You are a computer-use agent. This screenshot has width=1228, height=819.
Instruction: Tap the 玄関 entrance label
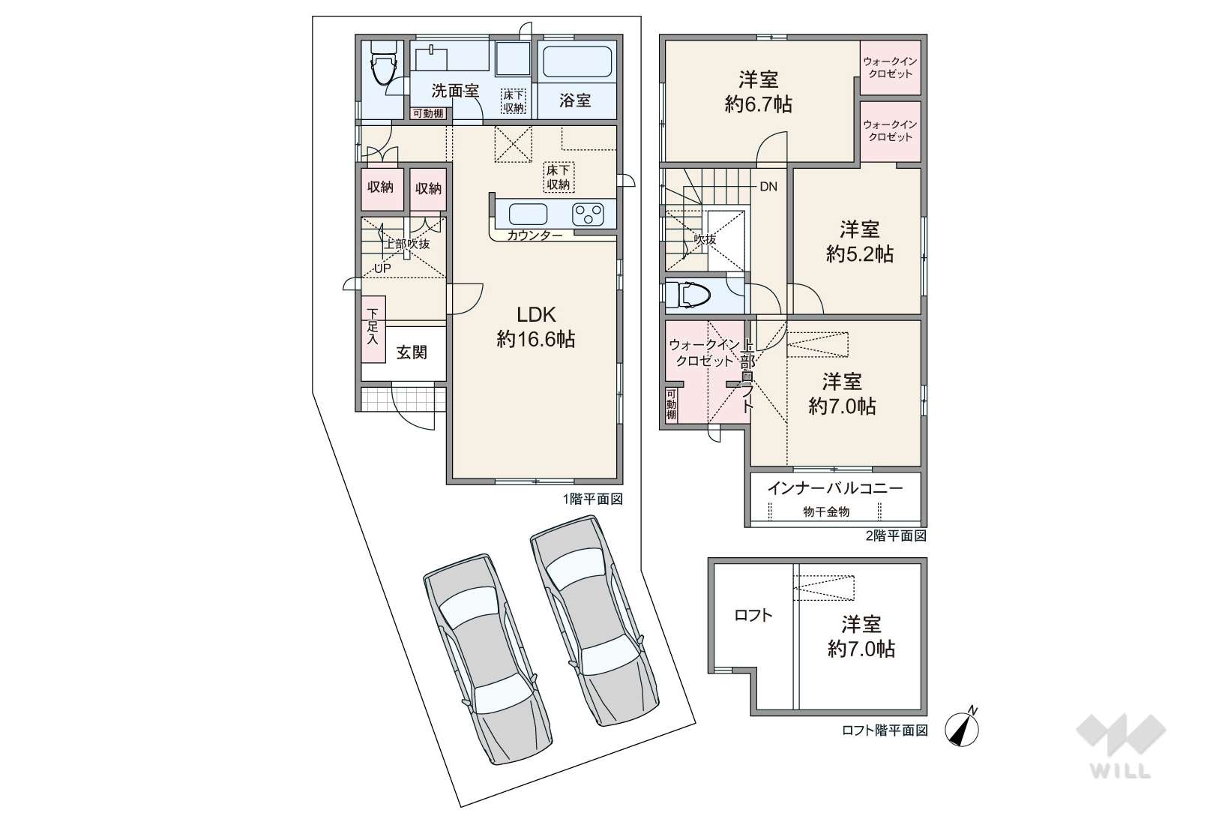pos(412,352)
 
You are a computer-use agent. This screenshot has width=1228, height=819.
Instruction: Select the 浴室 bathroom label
pos(575,100)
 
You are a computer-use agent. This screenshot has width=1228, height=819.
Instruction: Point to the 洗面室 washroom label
pos(455,91)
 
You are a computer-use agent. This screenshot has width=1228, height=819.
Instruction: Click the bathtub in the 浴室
pos(576,62)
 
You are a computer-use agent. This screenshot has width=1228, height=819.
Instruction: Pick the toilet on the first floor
pos(382,64)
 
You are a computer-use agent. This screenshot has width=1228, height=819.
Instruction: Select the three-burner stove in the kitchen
pos(589,214)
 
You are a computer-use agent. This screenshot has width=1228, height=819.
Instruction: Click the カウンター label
pos(535,235)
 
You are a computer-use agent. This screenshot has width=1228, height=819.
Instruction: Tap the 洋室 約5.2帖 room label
pos(859,241)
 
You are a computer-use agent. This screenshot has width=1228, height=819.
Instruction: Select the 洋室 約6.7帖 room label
pos(758,91)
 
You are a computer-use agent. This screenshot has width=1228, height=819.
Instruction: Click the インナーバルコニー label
pos(834,488)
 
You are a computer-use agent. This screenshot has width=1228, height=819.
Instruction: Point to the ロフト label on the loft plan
pos(753,616)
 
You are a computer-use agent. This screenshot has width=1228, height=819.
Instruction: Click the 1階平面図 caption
pos(592,499)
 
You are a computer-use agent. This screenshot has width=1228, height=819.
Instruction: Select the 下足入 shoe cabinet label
pos(373,326)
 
